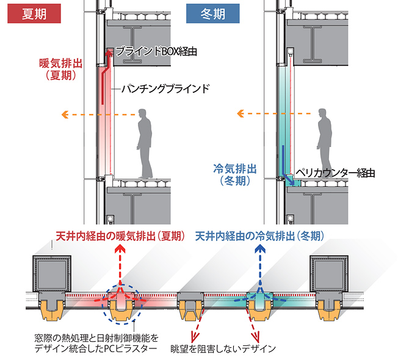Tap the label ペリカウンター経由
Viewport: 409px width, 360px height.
pos(333,173)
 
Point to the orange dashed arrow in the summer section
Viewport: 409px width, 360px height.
pos(98,114)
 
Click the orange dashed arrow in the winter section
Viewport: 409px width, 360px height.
pos(275,113)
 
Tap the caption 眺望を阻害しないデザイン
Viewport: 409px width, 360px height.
pos(232,348)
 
